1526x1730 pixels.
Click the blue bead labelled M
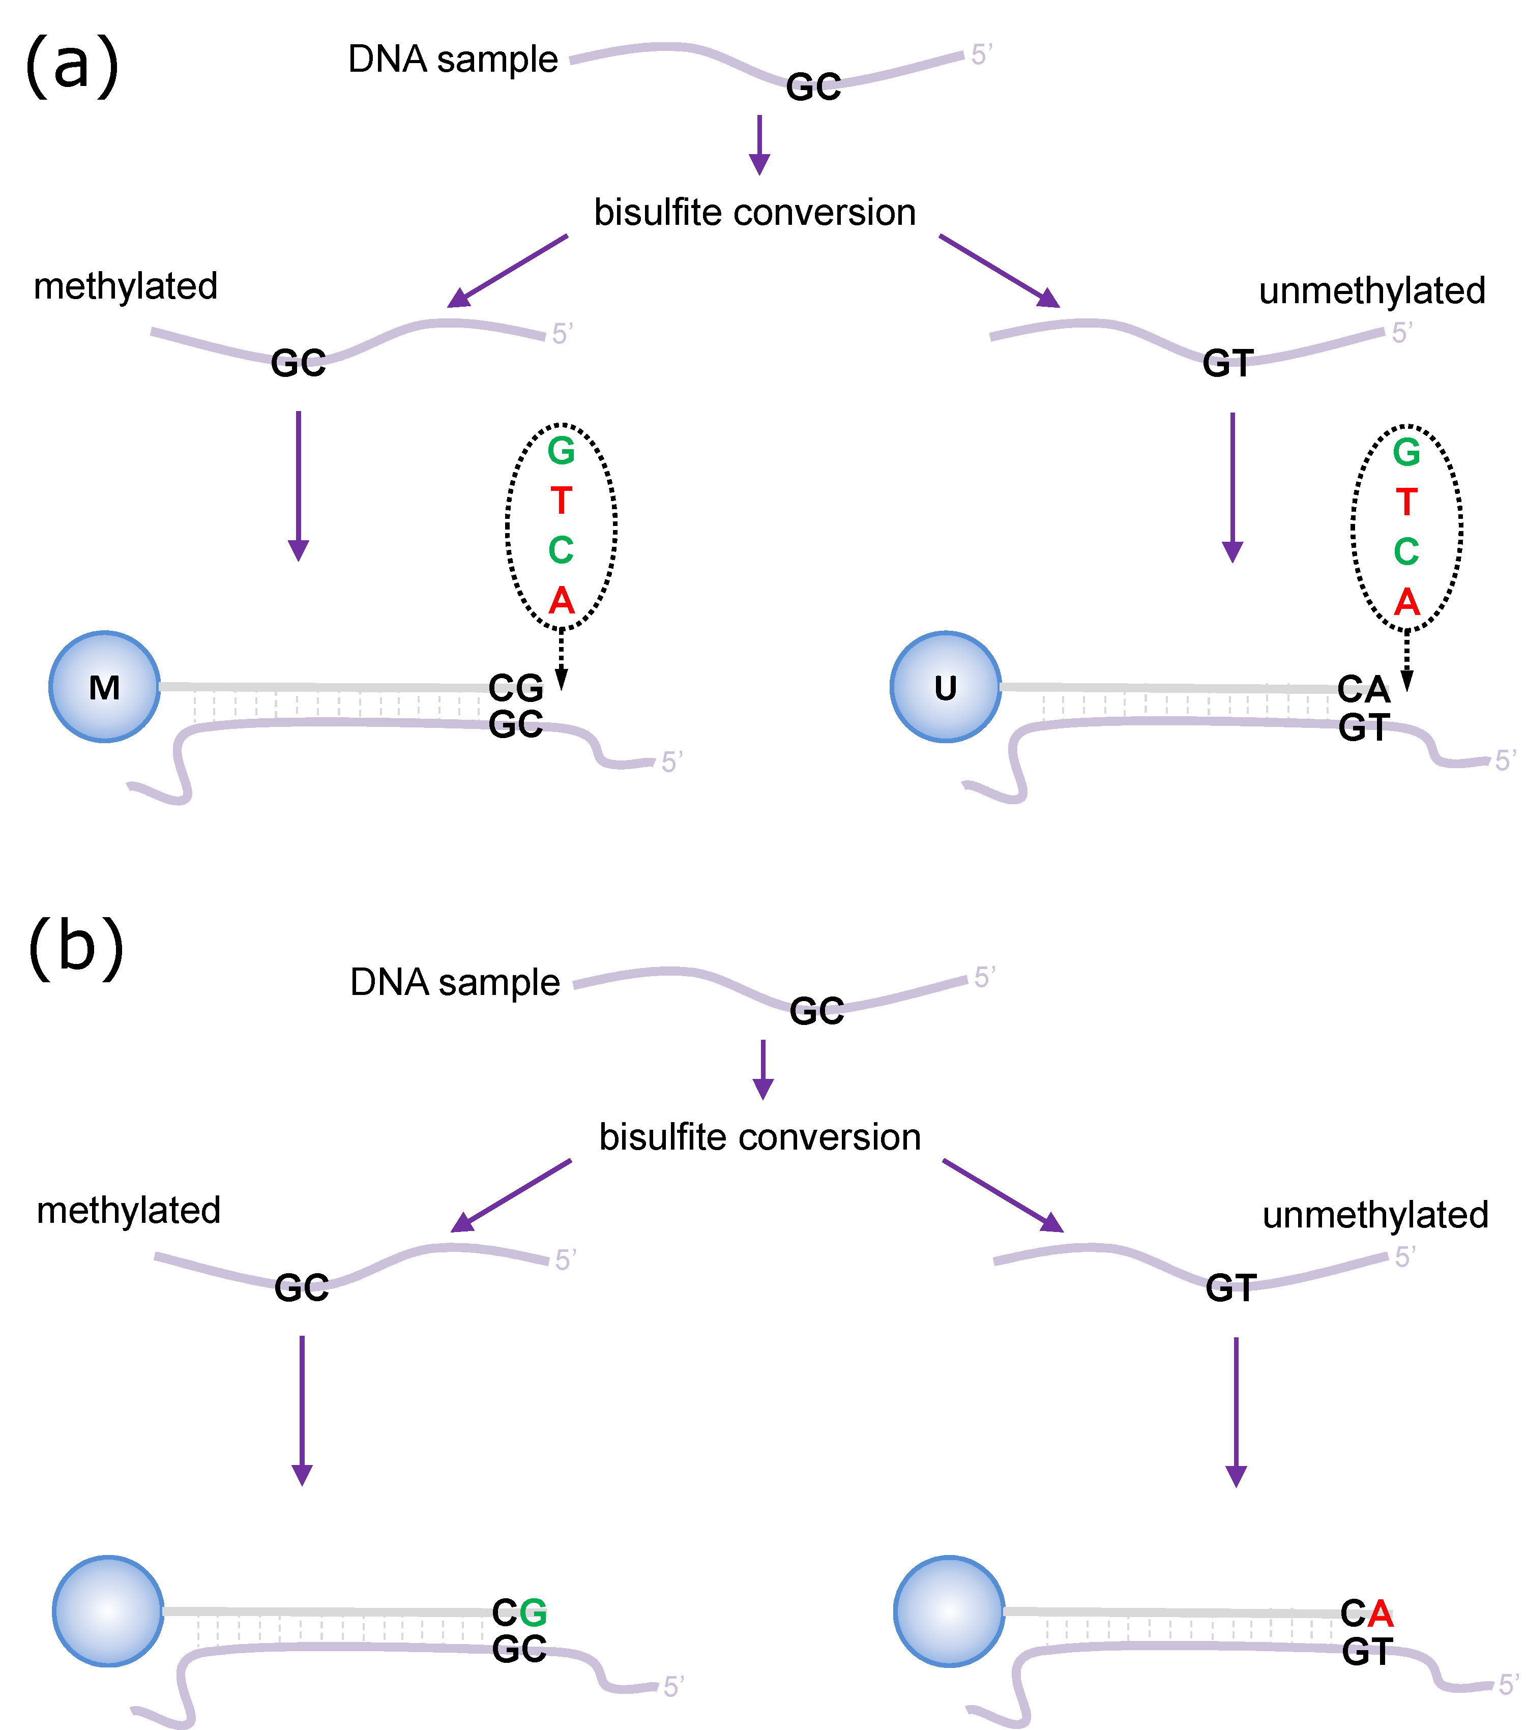104,686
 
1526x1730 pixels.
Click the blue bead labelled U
946,687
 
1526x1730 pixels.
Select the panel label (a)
72,66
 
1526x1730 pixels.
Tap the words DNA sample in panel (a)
453,59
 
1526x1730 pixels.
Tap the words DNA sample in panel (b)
455,983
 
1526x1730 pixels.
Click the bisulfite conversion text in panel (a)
754,213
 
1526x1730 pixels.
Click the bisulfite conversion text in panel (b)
759,1137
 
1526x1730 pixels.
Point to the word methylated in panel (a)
125,286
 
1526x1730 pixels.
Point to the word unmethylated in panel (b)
1374,1215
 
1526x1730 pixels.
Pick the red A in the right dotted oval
1406,602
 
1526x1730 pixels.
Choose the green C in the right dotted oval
1406,552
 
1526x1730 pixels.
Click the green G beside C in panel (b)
533,1612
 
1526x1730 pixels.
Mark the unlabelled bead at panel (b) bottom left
107,1610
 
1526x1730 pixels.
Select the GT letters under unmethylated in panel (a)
1227,364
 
